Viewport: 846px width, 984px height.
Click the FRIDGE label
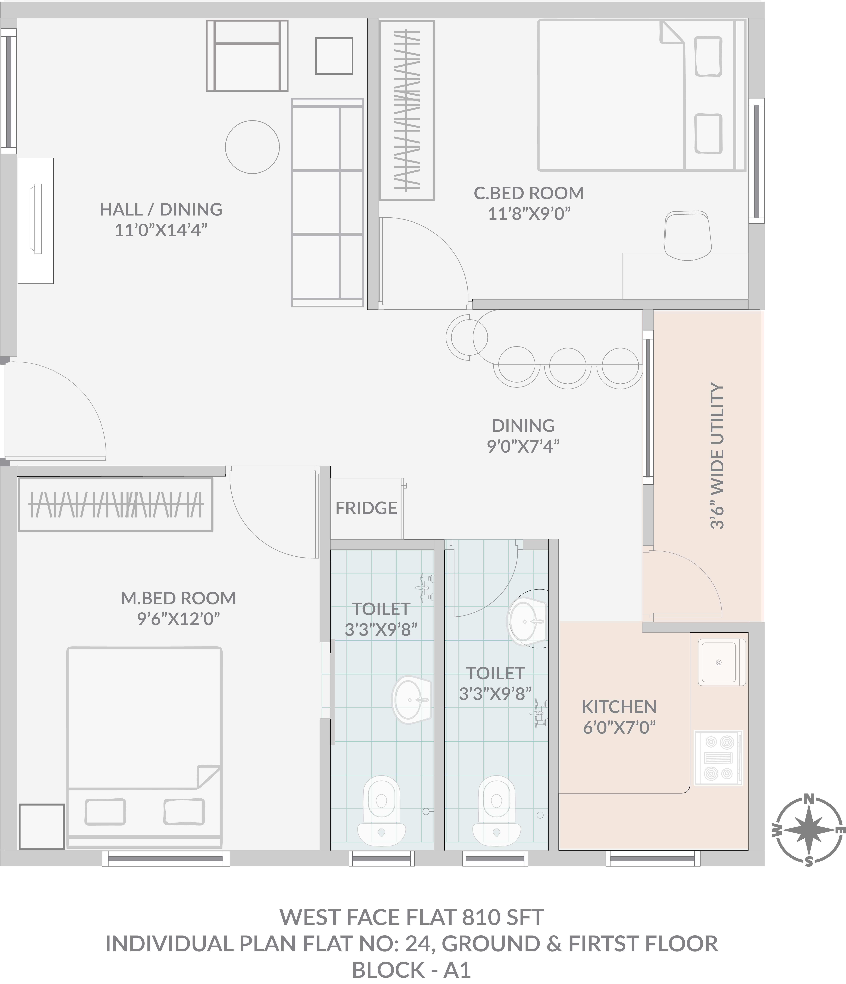366,508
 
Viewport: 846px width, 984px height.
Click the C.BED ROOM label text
529,193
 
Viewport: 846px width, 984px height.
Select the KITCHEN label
619,707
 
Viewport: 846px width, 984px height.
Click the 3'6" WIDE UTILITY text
717,456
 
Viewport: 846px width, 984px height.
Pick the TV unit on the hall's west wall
36,220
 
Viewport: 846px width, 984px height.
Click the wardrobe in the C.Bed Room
407,110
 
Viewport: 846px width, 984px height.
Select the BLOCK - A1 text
411,970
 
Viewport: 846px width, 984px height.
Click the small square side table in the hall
334,56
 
